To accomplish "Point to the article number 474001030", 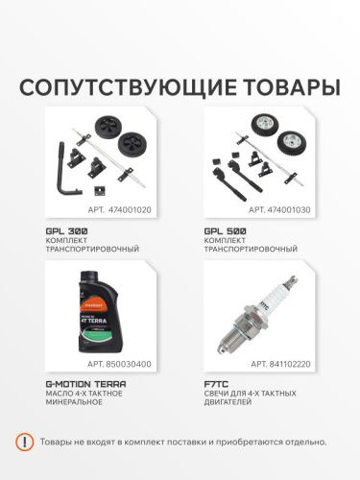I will coord(288,207).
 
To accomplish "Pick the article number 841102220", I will coord(288,365).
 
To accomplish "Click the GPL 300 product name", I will coord(65,233).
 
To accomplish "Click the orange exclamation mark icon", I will coord(26,442).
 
